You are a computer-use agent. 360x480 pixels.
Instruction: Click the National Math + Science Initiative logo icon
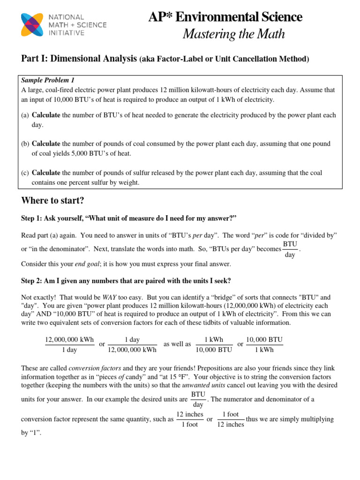click(x=32, y=24)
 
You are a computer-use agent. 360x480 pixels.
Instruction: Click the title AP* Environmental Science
click(x=225, y=17)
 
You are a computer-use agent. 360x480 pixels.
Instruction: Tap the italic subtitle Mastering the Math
click(x=233, y=34)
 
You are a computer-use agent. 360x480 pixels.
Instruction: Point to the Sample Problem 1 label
click(x=48, y=80)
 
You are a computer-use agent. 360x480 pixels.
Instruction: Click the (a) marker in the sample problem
click(x=25, y=115)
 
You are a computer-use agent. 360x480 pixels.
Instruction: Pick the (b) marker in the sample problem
click(x=25, y=144)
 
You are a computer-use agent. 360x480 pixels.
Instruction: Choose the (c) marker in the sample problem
click(x=25, y=173)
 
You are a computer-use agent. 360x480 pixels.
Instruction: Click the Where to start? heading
click(x=52, y=201)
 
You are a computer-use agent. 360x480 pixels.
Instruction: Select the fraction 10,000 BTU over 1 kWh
click(x=264, y=344)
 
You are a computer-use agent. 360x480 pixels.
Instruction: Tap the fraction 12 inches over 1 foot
click(x=189, y=420)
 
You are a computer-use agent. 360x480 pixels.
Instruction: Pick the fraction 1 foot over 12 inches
click(x=231, y=420)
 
